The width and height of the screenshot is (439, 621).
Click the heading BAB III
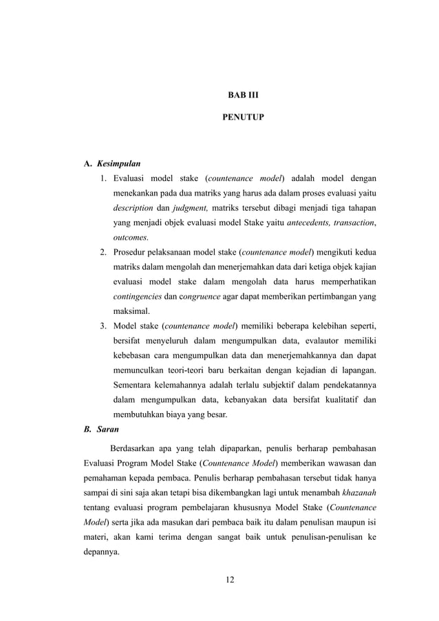click(x=243, y=94)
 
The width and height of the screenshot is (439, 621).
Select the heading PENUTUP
click(x=243, y=118)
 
